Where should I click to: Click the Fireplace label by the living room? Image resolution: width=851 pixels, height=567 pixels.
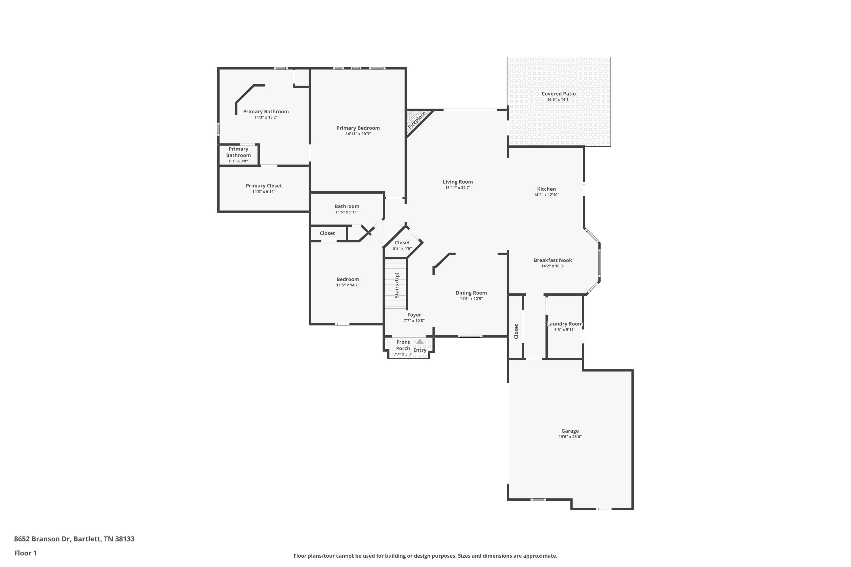416,120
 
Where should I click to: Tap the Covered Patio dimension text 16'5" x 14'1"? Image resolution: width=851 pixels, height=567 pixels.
558,100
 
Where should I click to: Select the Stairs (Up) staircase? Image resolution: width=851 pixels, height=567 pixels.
396,285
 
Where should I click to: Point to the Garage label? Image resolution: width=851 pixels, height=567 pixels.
570,431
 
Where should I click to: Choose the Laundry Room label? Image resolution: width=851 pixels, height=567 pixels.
564,324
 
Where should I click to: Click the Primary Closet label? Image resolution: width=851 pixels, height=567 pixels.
264,185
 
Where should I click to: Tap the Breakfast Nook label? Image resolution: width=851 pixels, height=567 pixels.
553,260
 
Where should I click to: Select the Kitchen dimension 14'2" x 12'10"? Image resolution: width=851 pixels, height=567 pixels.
546,194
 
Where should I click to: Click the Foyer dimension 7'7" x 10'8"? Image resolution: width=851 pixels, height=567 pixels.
414,320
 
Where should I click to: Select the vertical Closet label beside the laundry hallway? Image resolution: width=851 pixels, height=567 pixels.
516,331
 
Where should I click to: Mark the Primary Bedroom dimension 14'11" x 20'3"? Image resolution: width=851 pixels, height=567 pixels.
358,134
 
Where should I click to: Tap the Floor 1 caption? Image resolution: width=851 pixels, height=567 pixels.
25,553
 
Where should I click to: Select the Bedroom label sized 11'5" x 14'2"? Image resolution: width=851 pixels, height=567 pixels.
347,279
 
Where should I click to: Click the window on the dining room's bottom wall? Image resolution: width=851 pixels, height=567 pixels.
470,336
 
